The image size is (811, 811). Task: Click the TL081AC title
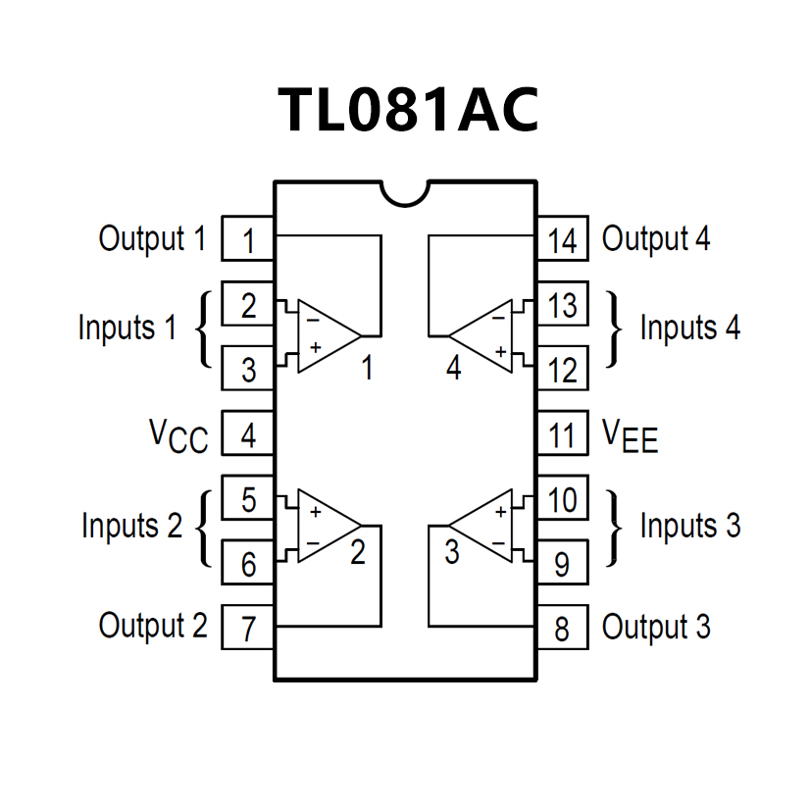(408, 109)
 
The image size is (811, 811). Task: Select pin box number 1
(248, 239)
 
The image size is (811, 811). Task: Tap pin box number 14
(562, 239)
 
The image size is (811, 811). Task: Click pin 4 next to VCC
(248, 433)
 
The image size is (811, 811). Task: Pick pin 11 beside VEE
(562, 433)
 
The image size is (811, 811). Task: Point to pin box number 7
(248, 628)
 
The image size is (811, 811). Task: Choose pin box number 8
(562, 628)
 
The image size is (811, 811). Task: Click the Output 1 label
(153, 238)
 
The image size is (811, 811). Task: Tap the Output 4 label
(656, 238)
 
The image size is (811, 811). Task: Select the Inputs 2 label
(131, 527)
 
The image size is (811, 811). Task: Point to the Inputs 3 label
(689, 527)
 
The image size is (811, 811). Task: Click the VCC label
(178, 434)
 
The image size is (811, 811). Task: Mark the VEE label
(629, 434)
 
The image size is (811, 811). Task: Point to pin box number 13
(562, 305)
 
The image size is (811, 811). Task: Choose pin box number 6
(248, 564)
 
